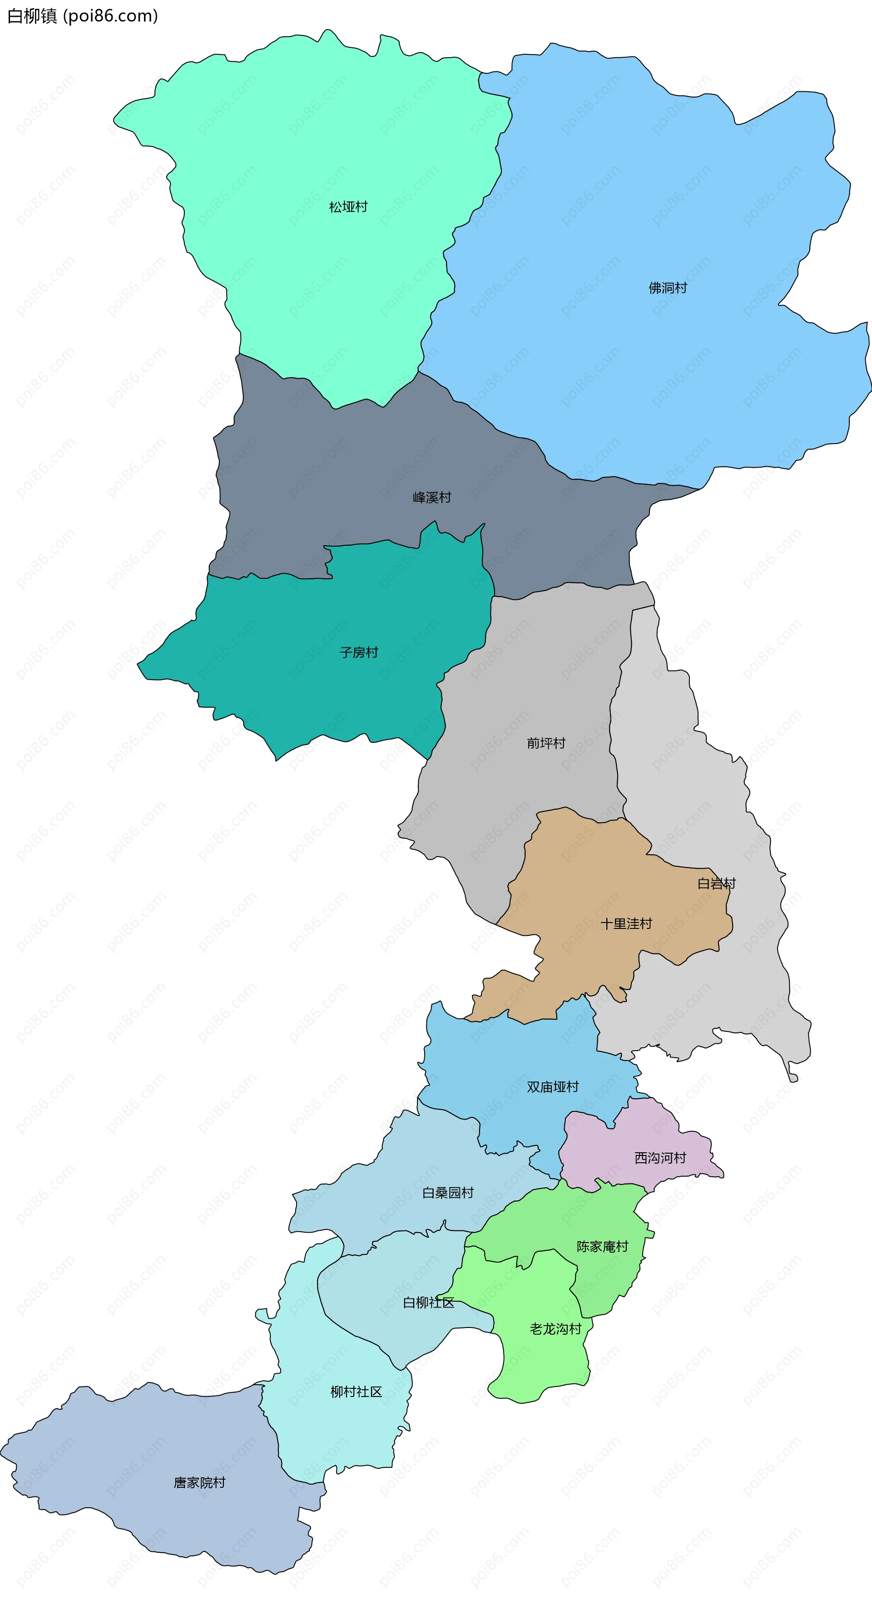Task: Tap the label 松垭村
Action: click(x=348, y=207)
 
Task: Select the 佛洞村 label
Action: click(x=668, y=288)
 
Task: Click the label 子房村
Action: click(x=359, y=652)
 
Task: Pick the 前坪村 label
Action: click(x=545, y=743)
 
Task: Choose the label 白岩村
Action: click(x=716, y=883)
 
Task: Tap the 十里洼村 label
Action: click(x=626, y=924)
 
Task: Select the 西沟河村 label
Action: click(x=660, y=1158)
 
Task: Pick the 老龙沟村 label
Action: click(x=555, y=1329)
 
